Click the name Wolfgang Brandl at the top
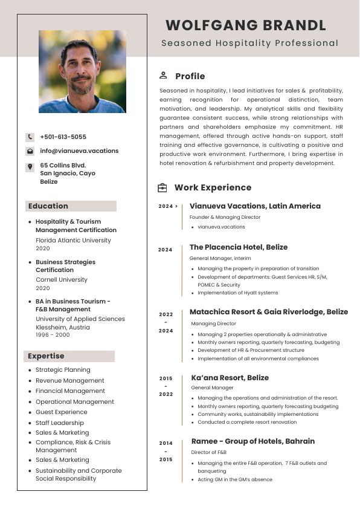(x=246, y=25)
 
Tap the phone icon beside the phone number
(x=30, y=137)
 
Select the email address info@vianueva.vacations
(x=79, y=151)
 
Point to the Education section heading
(x=48, y=206)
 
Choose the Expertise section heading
(x=46, y=356)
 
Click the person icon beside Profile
(x=163, y=76)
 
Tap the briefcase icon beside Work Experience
(x=162, y=188)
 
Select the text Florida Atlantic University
(x=73, y=241)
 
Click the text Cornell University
(x=61, y=280)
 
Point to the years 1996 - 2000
(x=53, y=335)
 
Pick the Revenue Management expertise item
(x=70, y=381)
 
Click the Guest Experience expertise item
(x=61, y=412)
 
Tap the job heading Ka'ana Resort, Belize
(x=230, y=378)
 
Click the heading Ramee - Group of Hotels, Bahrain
(x=252, y=441)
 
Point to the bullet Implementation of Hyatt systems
(x=237, y=293)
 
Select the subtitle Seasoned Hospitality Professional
(x=249, y=44)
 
